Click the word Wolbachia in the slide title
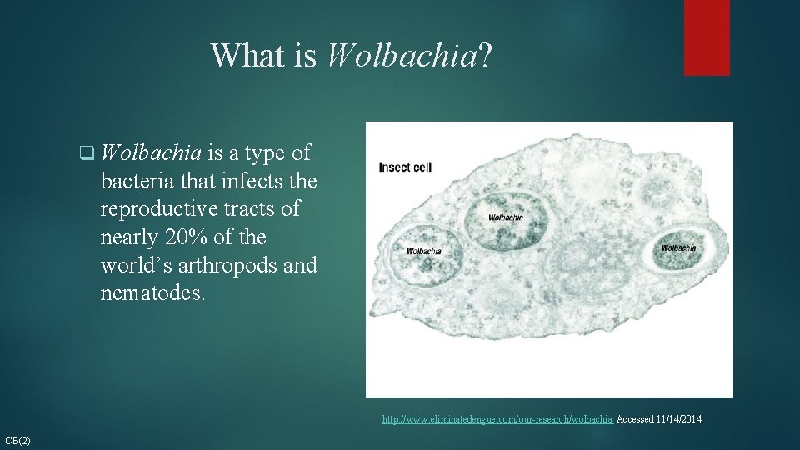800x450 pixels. tap(405, 56)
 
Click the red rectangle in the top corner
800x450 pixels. tap(707, 37)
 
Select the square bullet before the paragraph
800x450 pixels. tap(84, 153)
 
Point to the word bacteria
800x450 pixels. tap(133, 181)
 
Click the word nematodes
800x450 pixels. tap(152, 294)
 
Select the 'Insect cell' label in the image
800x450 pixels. tap(405, 167)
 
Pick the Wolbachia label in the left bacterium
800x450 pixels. tap(423, 251)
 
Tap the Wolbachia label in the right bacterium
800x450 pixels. tap(678, 247)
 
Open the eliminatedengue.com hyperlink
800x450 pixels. tap(497, 419)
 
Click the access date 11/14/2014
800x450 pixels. tap(679, 419)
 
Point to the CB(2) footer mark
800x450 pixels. tap(17, 440)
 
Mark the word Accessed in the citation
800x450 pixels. tap(635, 419)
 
